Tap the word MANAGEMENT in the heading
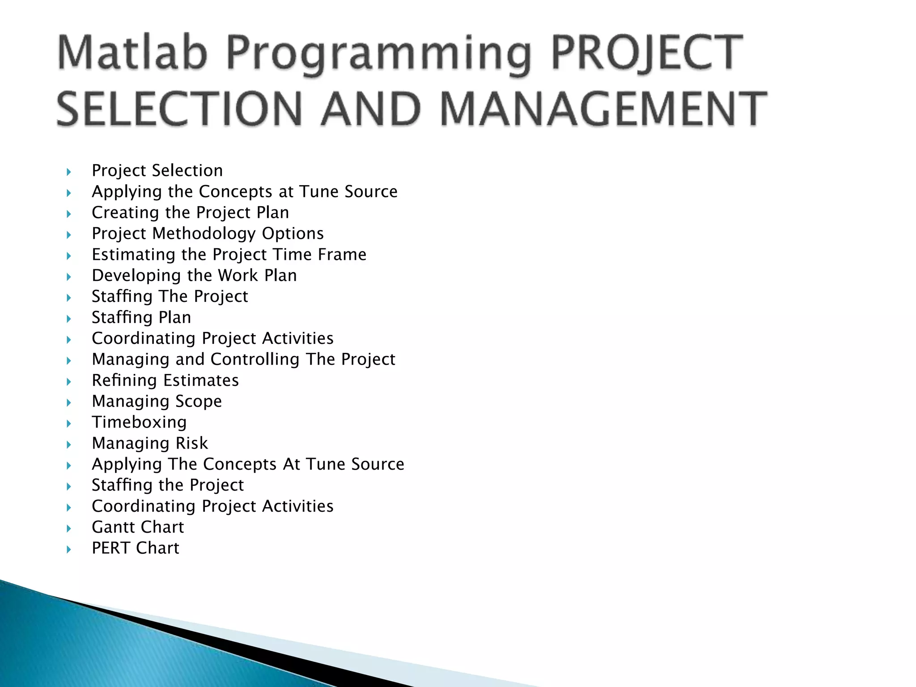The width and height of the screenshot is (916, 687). click(x=604, y=109)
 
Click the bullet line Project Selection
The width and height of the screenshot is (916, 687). click(x=157, y=170)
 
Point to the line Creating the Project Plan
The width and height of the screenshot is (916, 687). click(x=190, y=212)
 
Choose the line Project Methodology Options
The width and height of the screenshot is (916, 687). click(x=208, y=233)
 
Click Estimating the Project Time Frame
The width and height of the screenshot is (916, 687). click(x=229, y=254)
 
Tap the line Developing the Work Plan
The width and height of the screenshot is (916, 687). click(x=194, y=276)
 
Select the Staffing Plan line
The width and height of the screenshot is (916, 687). click(x=141, y=318)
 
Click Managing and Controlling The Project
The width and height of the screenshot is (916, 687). click(x=243, y=359)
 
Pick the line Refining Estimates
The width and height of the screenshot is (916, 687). click(x=165, y=380)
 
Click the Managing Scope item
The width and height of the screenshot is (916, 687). click(x=157, y=401)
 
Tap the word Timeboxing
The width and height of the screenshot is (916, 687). click(x=139, y=422)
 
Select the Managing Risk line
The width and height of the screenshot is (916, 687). click(x=150, y=443)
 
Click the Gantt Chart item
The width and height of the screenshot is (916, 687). click(x=138, y=527)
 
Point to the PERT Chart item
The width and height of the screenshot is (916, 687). click(x=135, y=548)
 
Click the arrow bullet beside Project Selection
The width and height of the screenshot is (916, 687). click(x=68, y=171)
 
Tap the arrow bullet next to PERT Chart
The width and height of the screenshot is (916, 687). click(x=68, y=549)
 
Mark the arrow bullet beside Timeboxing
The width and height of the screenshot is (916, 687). click(x=68, y=423)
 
